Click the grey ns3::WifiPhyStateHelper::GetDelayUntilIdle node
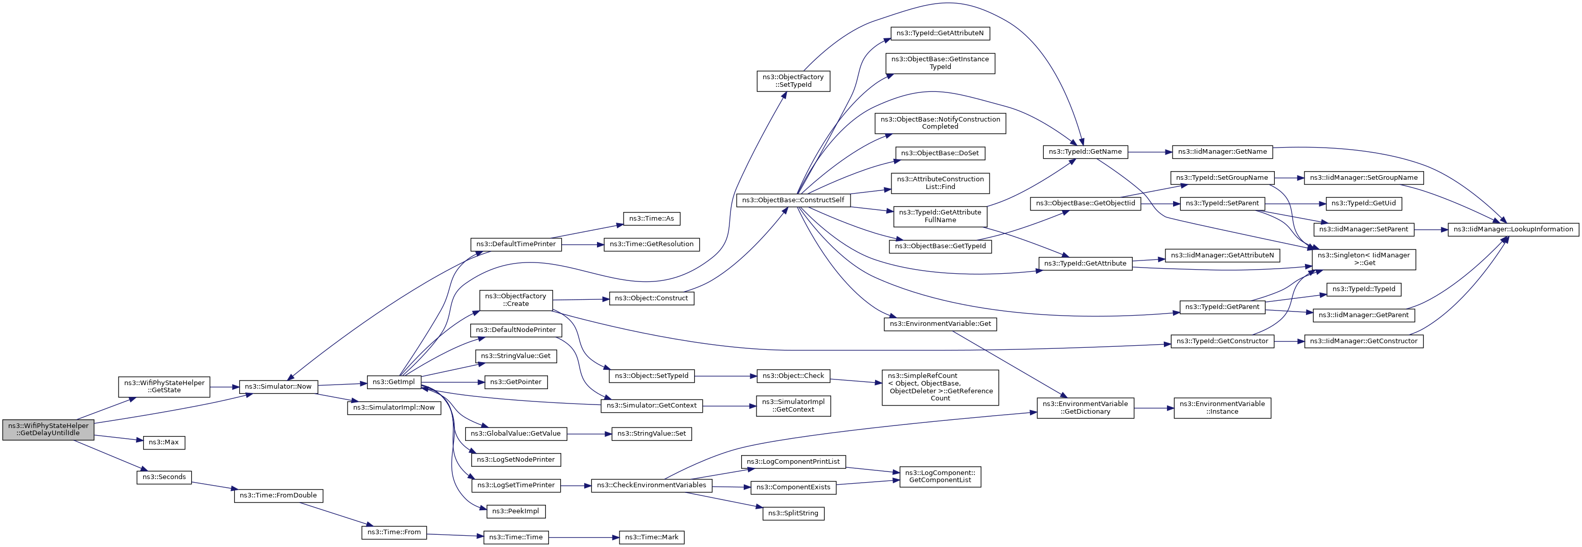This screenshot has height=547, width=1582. [49, 429]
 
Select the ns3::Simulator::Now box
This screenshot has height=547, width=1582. [278, 387]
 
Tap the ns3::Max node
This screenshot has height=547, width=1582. [164, 442]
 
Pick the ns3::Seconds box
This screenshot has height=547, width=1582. [164, 477]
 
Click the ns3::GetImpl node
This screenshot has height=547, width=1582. [394, 382]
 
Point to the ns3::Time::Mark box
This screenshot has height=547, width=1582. [652, 537]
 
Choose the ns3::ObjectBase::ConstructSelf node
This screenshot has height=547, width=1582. [793, 200]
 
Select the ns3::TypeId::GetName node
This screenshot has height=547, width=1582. [1085, 152]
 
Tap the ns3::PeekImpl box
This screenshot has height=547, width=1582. [516, 511]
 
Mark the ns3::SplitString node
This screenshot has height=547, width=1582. [793, 513]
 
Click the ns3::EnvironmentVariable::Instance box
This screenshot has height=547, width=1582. [1222, 408]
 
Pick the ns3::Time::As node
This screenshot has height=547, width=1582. [652, 219]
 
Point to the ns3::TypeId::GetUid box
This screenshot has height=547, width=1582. [1364, 203]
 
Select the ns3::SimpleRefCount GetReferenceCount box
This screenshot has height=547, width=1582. [940, 387]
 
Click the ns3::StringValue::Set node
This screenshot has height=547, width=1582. [652, 434]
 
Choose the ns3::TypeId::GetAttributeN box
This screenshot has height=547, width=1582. [939, 33]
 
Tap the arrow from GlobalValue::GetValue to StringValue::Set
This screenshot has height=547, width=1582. [589, 434]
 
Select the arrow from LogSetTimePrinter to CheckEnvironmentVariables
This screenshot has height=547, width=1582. [576, 486]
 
